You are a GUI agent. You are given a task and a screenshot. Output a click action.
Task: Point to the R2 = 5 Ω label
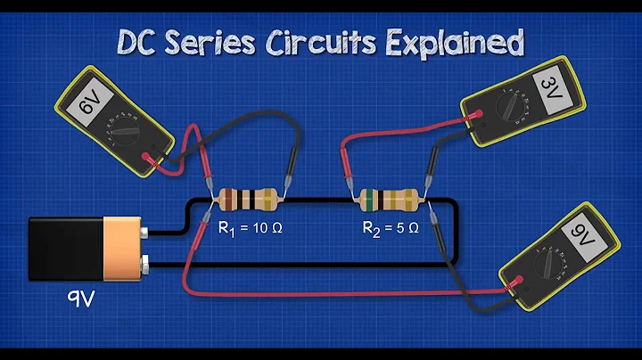coord(393,229)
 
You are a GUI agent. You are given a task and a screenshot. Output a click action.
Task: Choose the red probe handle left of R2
coord(348,164)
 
